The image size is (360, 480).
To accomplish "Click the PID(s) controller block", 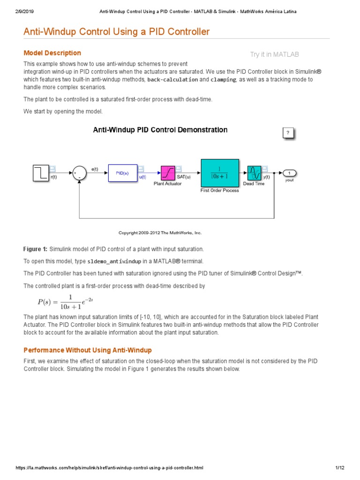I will (123, 173).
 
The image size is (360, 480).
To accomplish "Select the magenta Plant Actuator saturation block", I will (168, 173).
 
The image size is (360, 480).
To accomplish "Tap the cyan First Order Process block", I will (219, 172).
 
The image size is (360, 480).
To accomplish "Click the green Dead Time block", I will (254, 173).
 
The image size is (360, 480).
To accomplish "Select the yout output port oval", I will (289, 173).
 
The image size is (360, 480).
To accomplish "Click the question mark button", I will (288, 133).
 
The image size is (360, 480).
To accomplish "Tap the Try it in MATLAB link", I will (274, 55).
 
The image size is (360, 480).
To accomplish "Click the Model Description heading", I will (52, 53).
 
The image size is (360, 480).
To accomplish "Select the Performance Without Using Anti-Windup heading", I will (88, 350).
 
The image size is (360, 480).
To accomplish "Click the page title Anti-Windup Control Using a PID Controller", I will (117, 32).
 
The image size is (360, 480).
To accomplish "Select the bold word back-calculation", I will (172, 80).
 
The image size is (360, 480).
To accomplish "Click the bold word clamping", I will (223, 80).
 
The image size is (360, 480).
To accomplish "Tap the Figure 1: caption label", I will (35, 249).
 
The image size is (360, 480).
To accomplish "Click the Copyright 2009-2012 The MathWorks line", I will (160, 232).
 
